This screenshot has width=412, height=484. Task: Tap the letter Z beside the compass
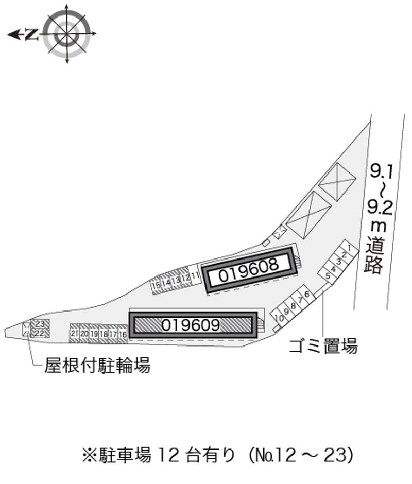(x=32, y=34)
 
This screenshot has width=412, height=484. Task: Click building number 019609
(x=191, y=325)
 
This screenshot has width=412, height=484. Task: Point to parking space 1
(x=350, y=249)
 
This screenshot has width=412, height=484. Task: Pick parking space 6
(x=306, y=294)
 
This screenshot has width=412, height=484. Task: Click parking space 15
(x=156, y=284)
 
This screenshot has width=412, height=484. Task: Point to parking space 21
(x=75, y=334)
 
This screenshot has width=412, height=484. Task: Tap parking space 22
(x=41, y=333)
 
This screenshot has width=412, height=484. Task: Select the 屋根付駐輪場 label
(x=98, y=366)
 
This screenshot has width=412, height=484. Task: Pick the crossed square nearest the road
(x=337, y=181)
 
